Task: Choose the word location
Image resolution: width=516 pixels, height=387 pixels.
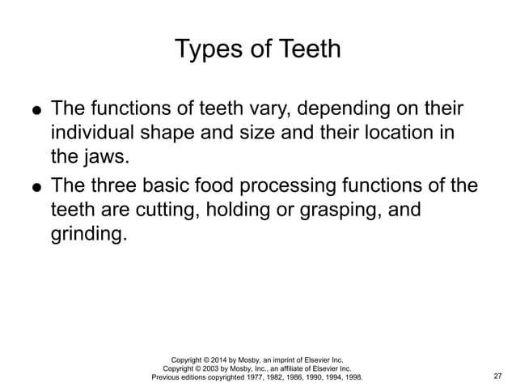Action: [398, 131]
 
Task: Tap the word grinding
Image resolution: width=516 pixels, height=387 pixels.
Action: [87, 235]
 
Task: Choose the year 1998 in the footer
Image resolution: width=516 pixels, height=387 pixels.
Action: [352, 377]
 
